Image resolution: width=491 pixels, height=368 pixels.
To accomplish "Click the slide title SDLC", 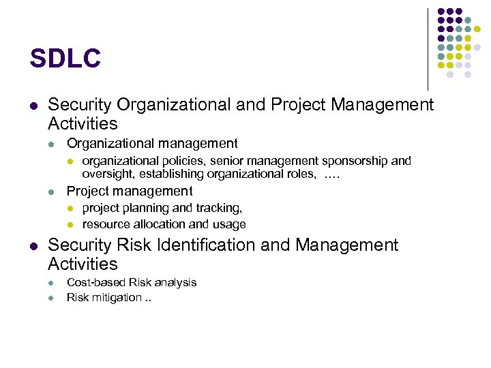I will pyautogui.click(x=65, y=59).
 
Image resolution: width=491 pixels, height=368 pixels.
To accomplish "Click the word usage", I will pyautogui.click(x=230, y=224).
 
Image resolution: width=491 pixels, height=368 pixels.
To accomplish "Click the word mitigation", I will pyautogui.click(x=115, y=298).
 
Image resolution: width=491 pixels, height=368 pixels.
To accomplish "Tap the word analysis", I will pyautogui.click(x=175, y=282).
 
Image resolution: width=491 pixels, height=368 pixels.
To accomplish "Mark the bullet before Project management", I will pyautogui.click(x=51, y=191).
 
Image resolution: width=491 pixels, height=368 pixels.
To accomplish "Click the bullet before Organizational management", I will pyautogui.click(x=51, y=144).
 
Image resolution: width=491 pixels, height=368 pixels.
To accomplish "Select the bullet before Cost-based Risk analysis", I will pyautogui.click(x=51, y=283).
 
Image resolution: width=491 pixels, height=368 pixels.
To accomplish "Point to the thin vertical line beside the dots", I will pyautogui.click(x=428, y=48).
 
